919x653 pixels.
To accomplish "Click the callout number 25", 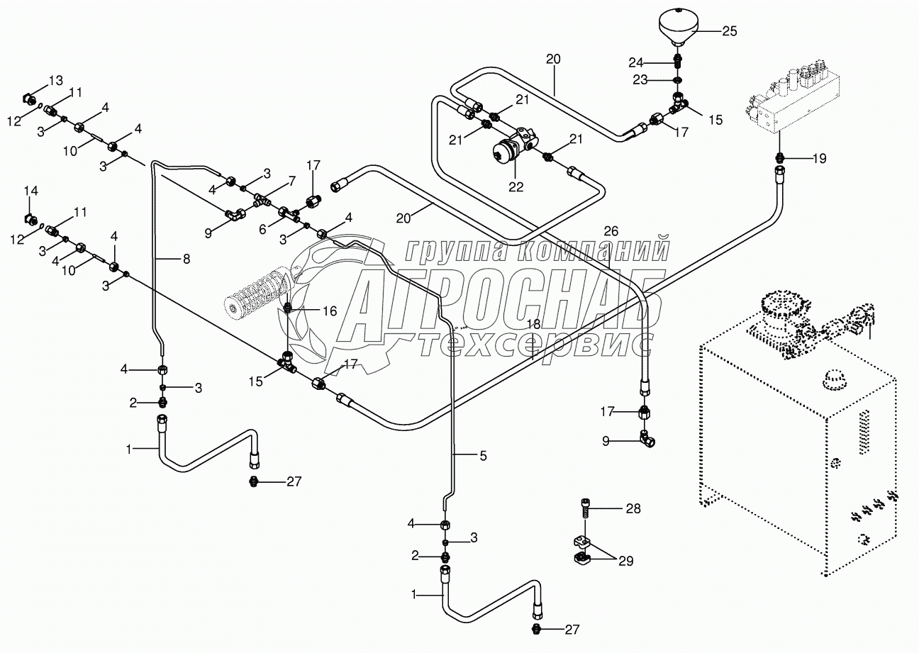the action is pos(730,31).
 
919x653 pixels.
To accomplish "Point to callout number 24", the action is pos(636,63).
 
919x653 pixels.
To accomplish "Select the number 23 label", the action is pos(640,79).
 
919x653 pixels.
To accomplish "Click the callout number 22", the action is pos(516,187).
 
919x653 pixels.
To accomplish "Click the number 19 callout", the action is pos(819,159).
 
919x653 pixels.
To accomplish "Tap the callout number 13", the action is pos(56,80).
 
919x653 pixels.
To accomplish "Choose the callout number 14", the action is pos(30,191).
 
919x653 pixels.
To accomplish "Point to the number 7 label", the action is pos(291,181).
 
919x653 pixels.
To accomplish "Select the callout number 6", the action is pos(262,229).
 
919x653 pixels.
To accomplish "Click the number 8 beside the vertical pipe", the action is pos(186,259).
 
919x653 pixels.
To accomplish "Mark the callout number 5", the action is pos(484,456).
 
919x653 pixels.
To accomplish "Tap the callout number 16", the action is pos(330,311).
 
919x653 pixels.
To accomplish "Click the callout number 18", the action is pos(533,325).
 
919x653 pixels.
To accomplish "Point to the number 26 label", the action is pos(611,231).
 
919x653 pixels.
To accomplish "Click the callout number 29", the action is pos(625,561).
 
